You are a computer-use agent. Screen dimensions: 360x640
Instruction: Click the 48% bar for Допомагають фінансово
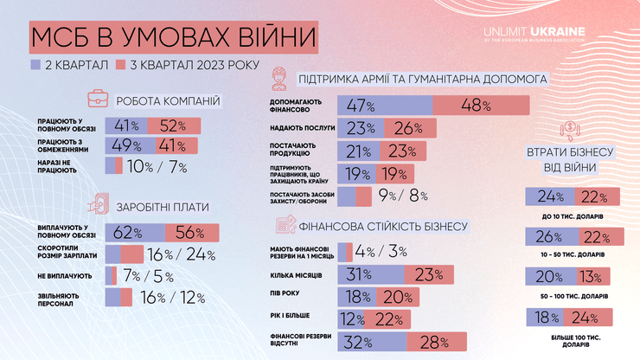pos(480,106)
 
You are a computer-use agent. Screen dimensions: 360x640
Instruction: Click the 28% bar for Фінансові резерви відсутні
pos(438,341)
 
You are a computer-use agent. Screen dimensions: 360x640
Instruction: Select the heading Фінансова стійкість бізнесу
pos(384,227)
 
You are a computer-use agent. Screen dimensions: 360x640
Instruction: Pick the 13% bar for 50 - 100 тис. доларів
pos(590,276)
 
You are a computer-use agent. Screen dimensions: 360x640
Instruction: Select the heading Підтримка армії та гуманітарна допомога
pos(422,80)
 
